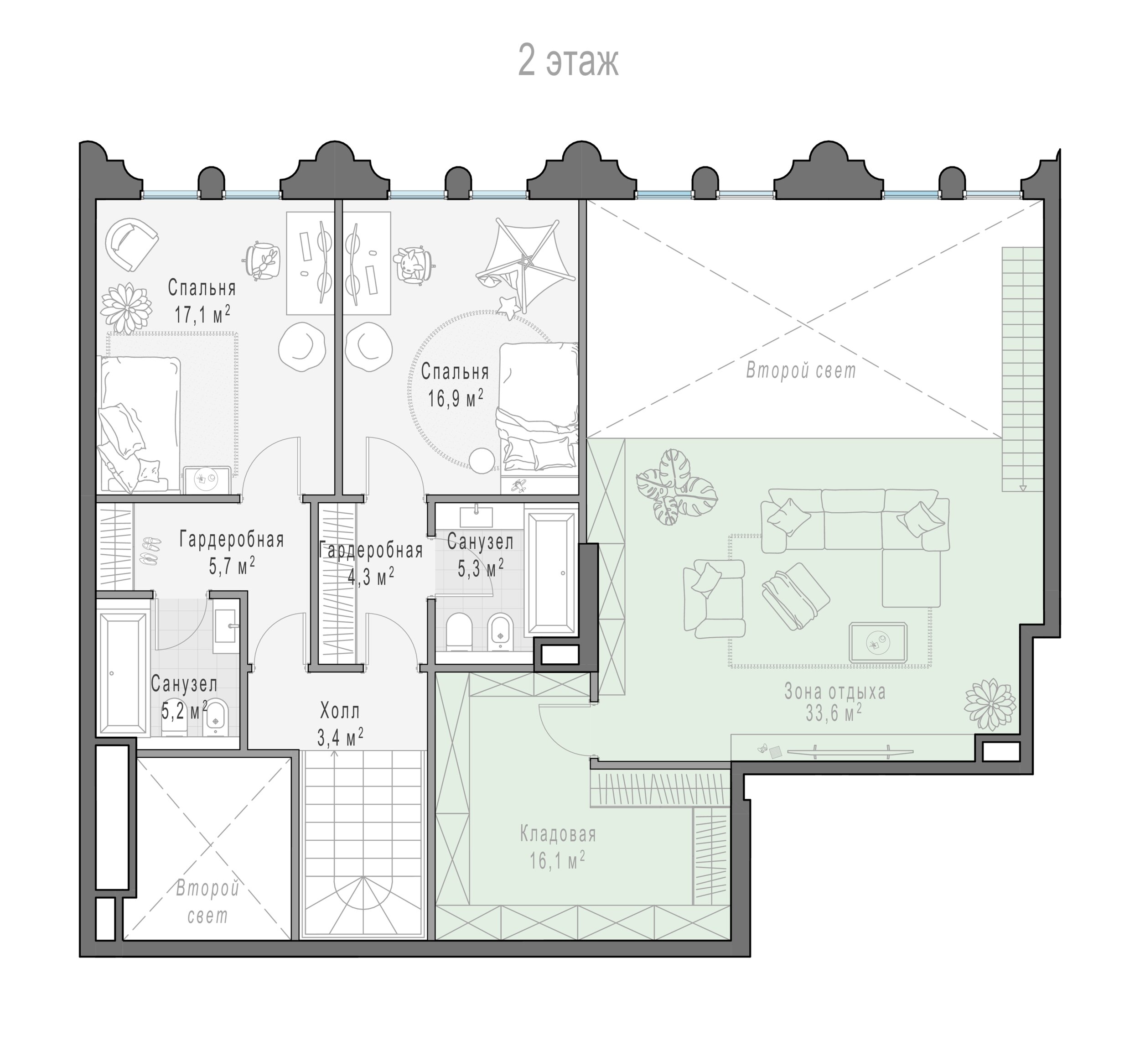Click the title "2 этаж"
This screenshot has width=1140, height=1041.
568,62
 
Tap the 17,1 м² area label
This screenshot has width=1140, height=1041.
202,313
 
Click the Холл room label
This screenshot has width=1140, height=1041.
339,710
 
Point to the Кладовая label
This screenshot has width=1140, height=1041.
558,834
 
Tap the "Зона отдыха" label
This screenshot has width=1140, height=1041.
834,692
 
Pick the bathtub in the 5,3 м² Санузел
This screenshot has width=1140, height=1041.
551,572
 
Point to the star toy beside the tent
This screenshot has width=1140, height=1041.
508,306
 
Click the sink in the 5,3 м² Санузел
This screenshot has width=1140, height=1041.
476,516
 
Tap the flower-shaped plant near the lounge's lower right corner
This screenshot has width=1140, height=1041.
990,704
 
